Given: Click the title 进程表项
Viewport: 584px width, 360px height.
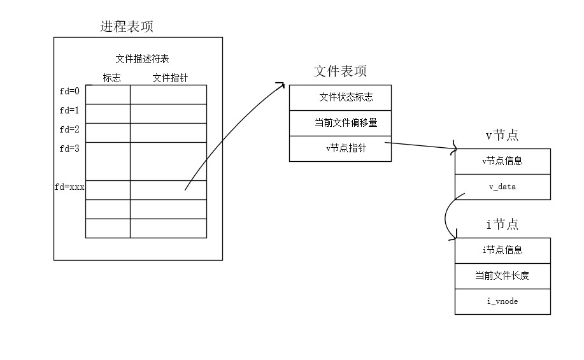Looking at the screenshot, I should tap(127, 27).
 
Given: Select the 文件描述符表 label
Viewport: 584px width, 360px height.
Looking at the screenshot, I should tap(141, 59).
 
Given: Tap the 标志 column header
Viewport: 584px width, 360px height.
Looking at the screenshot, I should tap(111, 78).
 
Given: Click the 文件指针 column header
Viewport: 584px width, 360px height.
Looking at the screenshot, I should tap(170, 78).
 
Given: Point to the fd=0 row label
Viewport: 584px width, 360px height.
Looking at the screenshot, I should tap(69, 91).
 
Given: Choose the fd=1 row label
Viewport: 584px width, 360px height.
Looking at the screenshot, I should tap(69, 110).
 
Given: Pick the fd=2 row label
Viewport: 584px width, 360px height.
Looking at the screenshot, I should tap(69, 129).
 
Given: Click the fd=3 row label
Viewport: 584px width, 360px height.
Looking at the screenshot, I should tap(69, 148).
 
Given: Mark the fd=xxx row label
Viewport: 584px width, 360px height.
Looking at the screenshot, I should tap(69, 188).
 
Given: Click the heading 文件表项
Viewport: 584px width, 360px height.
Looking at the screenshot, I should tap(340, 71).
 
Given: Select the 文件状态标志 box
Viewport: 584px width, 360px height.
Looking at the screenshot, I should tap(340, 97).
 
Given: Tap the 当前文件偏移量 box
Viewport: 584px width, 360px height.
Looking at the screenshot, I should tap(340, 123).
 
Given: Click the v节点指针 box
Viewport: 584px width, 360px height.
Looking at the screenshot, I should tap(340, 148).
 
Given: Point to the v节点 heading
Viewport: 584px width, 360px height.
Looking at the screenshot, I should tap(502, 135).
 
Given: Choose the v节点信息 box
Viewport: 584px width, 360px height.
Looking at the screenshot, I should tap(502, 161).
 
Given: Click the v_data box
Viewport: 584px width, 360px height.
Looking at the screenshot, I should tap(502, 187).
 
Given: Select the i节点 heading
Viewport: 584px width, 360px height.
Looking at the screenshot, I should tap(502, 224).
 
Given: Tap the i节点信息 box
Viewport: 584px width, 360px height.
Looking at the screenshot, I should tap(502, 250).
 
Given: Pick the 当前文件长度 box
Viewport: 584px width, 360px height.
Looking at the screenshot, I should tap(502, 276).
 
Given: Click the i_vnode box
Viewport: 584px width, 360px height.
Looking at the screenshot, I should tap(502, 301).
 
